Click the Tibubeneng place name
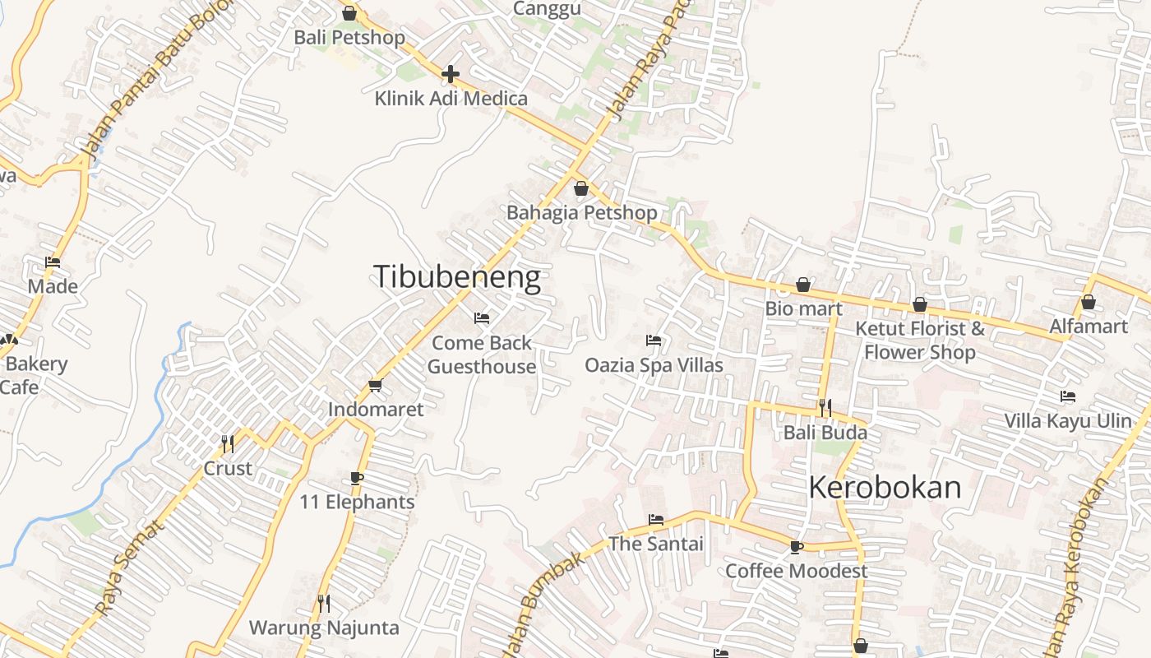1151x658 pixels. click(457, 277)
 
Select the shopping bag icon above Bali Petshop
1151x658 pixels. click(349, 13)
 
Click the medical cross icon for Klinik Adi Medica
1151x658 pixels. click(450, 74)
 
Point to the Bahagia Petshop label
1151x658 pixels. click(581, 213)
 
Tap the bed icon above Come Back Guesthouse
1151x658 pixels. click(482, 317)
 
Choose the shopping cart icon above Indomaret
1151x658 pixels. click(376, 384)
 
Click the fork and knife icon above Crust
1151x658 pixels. click(228, 443)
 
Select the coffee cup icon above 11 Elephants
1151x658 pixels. click(357, 478)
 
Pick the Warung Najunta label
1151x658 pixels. click(324, 628)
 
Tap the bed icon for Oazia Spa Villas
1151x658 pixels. click(654, 340)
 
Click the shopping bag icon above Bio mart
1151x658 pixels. click(803, 285)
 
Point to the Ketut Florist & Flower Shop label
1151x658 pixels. click(920, 341)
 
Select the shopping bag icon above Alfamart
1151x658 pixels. click(1089, 302)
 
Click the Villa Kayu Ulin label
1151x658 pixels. click(1068, 421)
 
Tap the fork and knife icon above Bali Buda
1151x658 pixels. click(825, 407)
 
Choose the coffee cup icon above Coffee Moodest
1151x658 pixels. click(796, 546)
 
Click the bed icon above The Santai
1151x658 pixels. click(655, 519)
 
